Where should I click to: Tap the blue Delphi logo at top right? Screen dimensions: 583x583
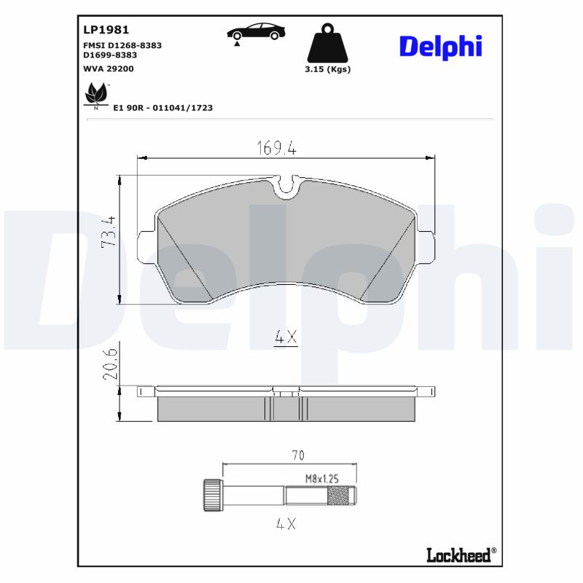coord(440,47)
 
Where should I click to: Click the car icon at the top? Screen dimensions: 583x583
coord(256,33)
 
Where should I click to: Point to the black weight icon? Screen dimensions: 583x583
coord(328,44)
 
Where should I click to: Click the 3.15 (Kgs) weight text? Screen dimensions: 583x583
coord(328,69)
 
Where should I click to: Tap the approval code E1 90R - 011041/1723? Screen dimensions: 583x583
coord(163,107)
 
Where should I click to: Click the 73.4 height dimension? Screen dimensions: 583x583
coord(108,232)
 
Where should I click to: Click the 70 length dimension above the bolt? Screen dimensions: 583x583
coord(297,456)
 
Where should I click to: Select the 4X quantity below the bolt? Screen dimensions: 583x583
coord(287,523)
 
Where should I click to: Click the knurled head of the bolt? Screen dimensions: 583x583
coord(212,496)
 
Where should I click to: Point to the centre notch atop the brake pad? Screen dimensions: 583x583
coord(287,186)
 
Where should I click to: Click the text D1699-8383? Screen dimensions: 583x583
coord(109,55)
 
